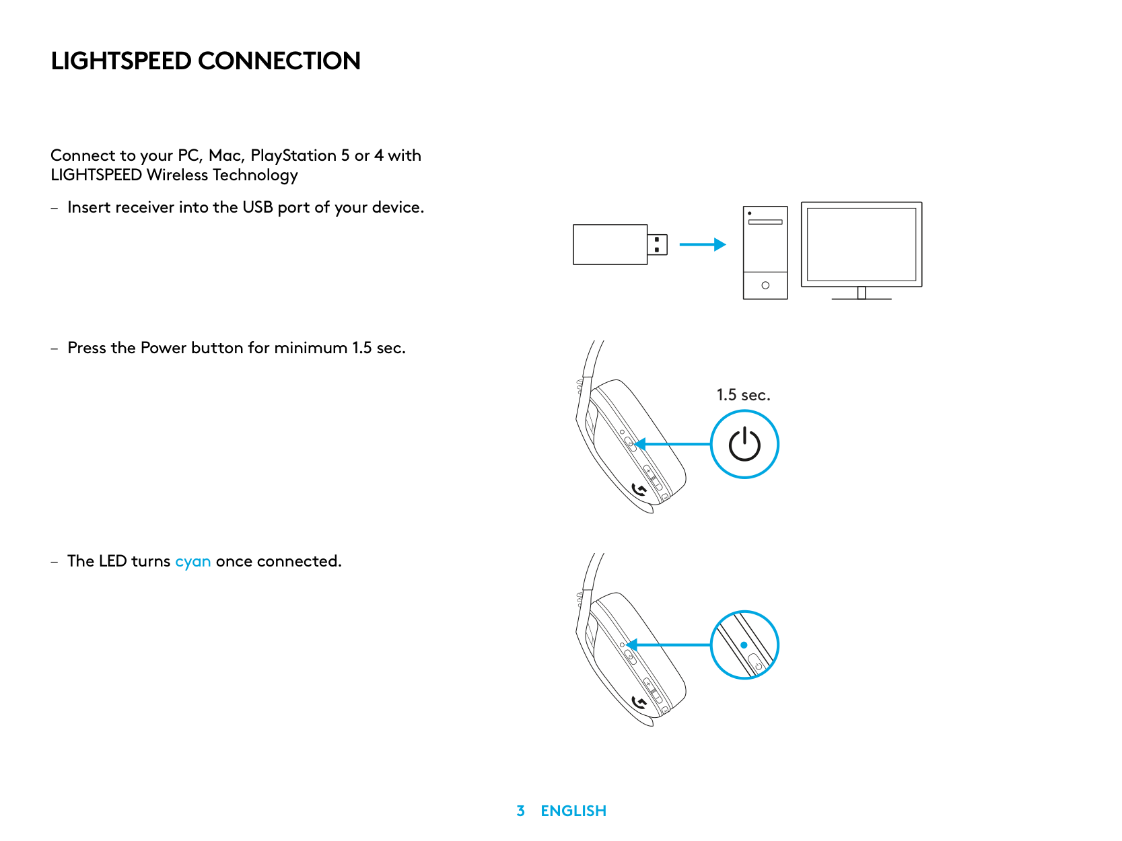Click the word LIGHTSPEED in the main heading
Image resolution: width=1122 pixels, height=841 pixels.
[121, 61]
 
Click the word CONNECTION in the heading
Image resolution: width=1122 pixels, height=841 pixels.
[279, 61]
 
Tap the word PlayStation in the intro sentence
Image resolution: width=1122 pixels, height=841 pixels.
[293, 155]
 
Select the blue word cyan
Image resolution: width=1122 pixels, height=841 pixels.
[192, 562]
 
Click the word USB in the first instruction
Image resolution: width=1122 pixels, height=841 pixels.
[257, 207]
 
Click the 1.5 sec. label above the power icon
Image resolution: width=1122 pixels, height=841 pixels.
[743, 395]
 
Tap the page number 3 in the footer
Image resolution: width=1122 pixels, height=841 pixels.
[520, 811]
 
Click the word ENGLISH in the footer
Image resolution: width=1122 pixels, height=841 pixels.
[573, 811]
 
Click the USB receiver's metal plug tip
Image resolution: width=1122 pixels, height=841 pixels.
[658, 244]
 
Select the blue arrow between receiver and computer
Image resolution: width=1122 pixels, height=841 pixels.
[702, 244]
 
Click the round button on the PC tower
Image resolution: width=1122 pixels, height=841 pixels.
[765, 285]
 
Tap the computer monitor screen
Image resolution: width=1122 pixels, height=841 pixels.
[861, 244]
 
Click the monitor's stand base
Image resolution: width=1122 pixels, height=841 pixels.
[861, 297]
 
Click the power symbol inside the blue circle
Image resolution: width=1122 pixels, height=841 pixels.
[744, 445]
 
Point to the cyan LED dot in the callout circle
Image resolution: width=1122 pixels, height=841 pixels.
[744, 645]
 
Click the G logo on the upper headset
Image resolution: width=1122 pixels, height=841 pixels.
[639, 490]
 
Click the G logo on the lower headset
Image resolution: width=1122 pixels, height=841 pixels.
[639, 703]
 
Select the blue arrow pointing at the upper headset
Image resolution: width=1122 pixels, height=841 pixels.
[673, 444]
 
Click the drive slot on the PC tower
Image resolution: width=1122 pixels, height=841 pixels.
[765, 221]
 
